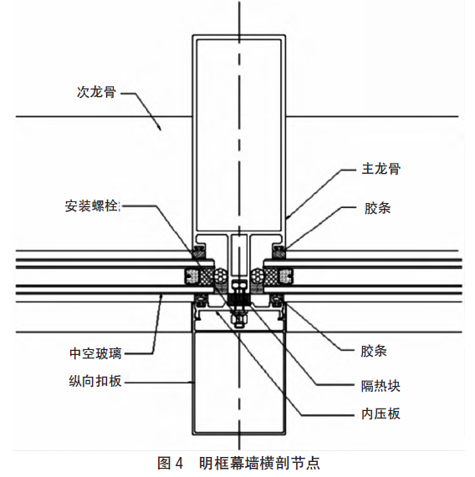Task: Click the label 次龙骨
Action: coord(96,92)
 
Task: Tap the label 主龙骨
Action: coord(381,169)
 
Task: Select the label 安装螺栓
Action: coord(92,206)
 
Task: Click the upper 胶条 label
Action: coord(377,209)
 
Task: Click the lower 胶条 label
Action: coord(374,351)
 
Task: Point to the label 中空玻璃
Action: coord(95,353)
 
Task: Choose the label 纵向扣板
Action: coord(95,381)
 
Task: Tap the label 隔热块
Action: coord(381,386)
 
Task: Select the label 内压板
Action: coord(381,414)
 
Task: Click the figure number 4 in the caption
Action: coord(179,464)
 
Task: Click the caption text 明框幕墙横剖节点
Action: coord(259,464)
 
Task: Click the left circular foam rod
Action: coord(220,277)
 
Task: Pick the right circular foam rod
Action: coord(258,277)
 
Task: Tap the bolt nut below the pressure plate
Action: coord(239,320)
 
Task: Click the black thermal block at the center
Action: coord(239,299)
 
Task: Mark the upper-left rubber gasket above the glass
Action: coord(198,252)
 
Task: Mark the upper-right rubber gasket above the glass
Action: coord(279,252)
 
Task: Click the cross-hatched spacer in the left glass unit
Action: coord(206,277)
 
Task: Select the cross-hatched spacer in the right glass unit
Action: coord(272,277)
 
